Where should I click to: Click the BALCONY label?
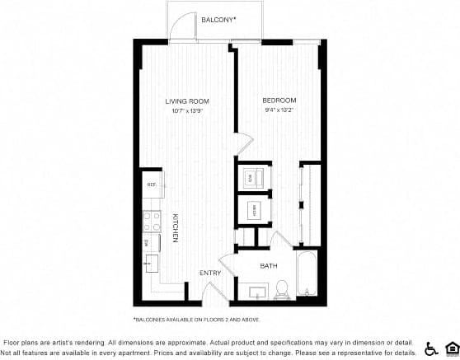[218, 18]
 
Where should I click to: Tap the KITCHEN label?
[176, 227]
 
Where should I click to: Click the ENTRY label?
[209, 273]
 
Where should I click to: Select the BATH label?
[269, 265]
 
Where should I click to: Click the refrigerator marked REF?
[153, 185]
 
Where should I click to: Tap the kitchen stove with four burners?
[153, 221]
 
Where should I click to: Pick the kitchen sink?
[153, 263]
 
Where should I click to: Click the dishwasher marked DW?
[152, 242]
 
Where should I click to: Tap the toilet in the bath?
[280, 289]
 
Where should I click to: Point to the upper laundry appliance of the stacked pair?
[254, 176]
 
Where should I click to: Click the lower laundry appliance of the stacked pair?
[254, 208]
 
